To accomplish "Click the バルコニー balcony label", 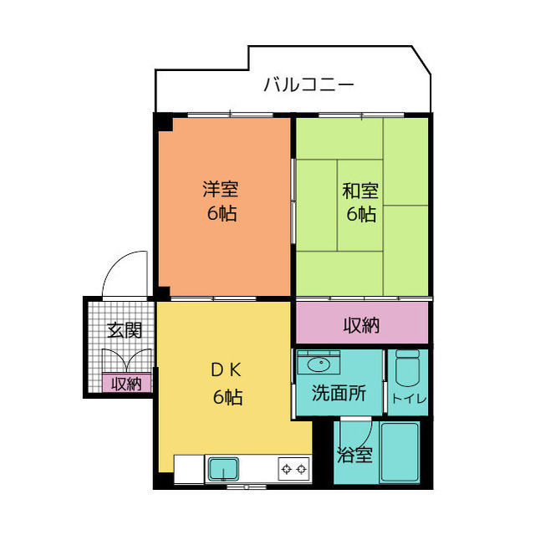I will coord(308,84).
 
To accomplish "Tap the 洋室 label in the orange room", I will coord(222,189).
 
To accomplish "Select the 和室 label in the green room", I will coord(360,189).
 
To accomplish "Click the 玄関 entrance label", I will coord(124,329).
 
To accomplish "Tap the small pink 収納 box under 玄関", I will coord(127,384).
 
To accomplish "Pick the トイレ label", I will coord(409,400).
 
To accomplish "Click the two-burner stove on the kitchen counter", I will coord(293,469).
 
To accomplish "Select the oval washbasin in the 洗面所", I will coord(318,364).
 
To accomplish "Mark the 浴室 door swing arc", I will coord(358,431).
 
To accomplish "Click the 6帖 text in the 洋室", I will coord(222,214).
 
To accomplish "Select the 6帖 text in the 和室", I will coord(360,214).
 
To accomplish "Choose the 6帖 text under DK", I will coord(226,398).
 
